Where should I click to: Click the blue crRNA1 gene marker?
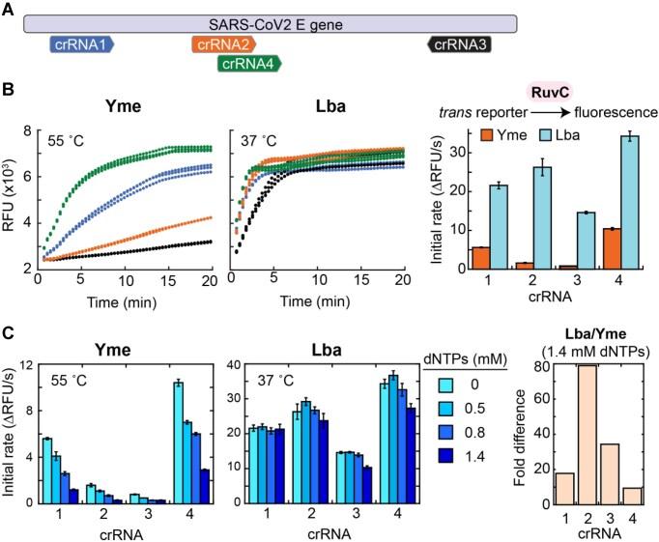[82, 43]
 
